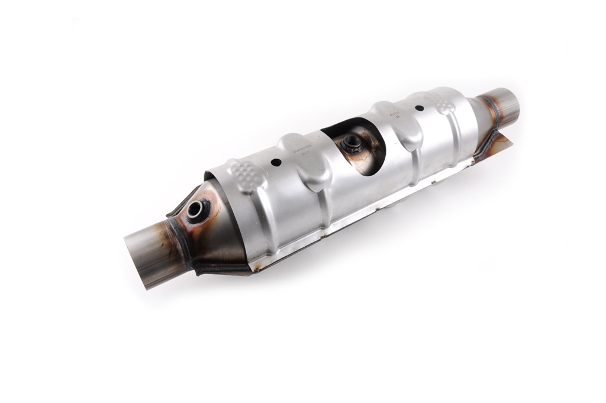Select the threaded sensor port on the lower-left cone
tap(197, 210)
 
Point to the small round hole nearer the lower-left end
tap(276, 162)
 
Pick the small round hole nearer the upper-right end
tap(419, 108)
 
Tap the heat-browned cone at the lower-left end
tap(219, 237)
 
